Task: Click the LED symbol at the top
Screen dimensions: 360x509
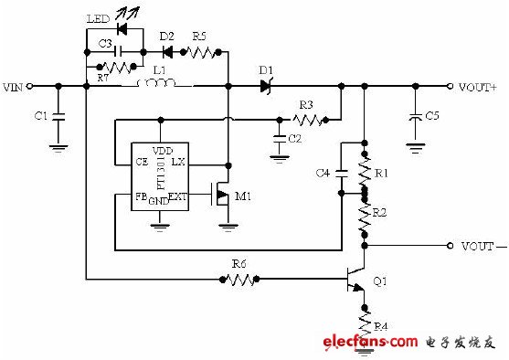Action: [x=122, y=27]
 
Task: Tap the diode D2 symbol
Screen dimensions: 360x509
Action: [x=167, y=51]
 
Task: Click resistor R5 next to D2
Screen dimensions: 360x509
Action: [x=202, y=51]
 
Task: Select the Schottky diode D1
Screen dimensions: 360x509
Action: [x=267, y=87]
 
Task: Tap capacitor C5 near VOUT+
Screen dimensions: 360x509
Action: [x=416, y=116]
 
